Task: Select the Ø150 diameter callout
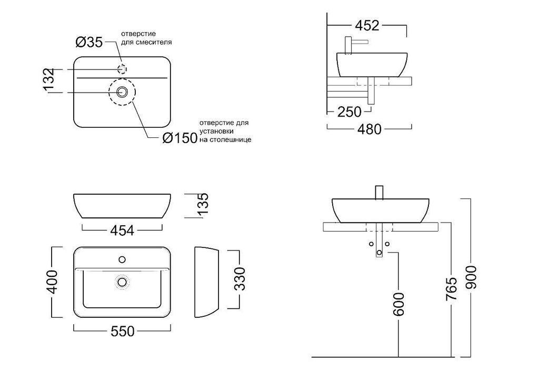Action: pos(179,138)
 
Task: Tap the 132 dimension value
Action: pos(48,81)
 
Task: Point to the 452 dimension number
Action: pos(367,26)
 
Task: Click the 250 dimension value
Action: pos(350,112)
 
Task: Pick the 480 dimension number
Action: pos(369,129)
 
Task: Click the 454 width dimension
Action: pos(122,230)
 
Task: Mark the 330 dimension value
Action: pos(239,278)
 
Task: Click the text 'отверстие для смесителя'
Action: pos(146,37)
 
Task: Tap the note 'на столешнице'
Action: pos(225,140)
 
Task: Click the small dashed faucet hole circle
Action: pos(122,69)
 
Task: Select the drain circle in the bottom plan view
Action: pos(122,282)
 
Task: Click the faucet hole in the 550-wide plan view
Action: pos(122,259)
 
